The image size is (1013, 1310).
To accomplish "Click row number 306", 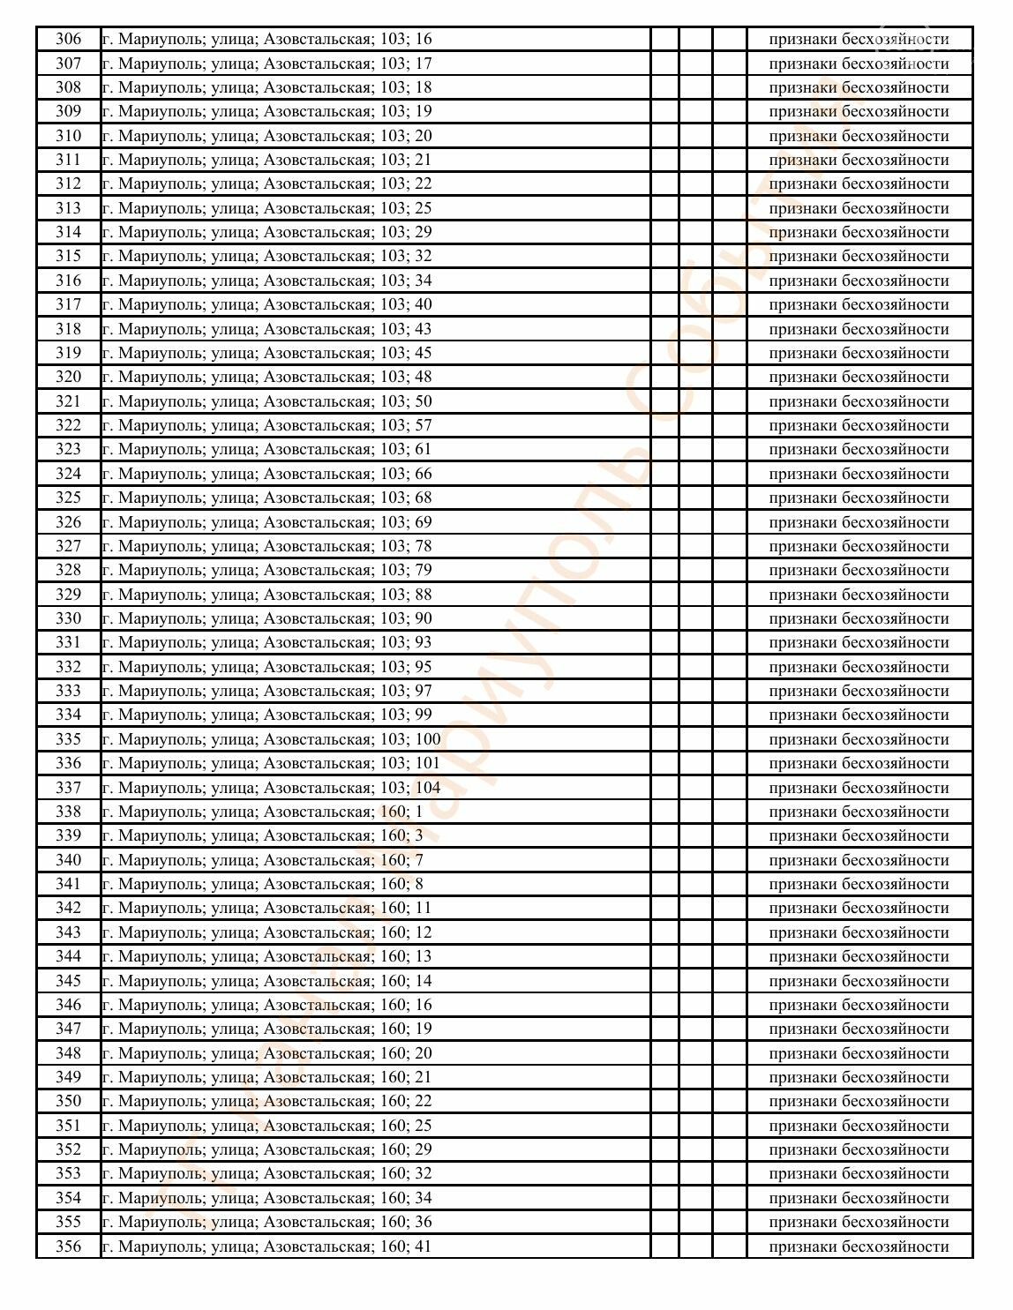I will click(68, 39).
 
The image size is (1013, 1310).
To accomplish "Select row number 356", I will click(68, 1246).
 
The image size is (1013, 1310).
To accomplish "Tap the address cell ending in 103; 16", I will click(266, 39).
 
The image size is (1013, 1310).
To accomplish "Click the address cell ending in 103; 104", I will click(271, 787).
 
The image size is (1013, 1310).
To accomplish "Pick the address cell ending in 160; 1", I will click(262, 812).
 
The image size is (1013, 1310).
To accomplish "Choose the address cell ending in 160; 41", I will click(266, 1246).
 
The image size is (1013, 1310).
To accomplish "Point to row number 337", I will click(68, 787).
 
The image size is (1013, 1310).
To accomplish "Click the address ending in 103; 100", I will click(271, 739).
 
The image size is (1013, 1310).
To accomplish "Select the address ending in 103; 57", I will click(266, 425).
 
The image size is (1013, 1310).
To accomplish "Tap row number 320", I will click(68, 377).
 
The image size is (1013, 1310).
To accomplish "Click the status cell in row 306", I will click(859, 39).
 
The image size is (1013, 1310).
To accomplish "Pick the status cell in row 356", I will click(859, 1246).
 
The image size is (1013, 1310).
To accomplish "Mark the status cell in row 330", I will click(859, 618).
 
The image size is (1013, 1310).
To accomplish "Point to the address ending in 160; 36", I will click(266, 1222).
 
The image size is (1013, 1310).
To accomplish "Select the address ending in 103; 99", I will click(266, 715).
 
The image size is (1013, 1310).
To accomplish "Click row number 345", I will click(68, 980).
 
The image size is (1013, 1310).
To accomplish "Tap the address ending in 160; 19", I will click(266, 1029).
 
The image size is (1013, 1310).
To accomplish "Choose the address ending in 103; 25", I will click(266, 208).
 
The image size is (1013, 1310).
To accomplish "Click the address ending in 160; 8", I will click(262, 884).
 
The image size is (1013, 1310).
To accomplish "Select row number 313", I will click(68, 208).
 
